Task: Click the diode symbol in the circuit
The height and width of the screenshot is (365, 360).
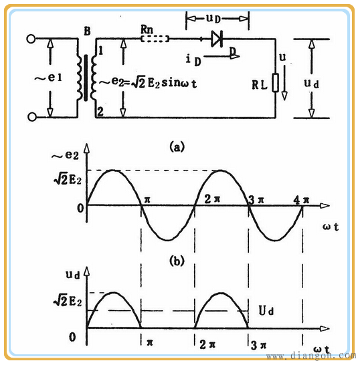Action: [x=216, y=39]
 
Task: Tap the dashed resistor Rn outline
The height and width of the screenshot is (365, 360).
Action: [x=155, y=39]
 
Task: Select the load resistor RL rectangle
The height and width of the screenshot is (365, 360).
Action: [x=276, y=83]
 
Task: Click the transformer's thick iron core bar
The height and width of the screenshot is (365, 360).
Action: [x=86, y=78]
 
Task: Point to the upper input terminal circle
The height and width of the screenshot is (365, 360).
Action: [x=31, y=39]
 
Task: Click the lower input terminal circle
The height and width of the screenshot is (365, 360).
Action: [x=32, y=117]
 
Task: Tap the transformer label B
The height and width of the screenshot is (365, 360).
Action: [x=87, y=31]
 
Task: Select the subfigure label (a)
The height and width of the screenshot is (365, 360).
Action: [x=177, y=146]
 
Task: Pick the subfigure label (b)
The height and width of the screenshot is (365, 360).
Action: [x=177, y=261]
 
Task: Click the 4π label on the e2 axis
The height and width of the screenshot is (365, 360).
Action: [x=301, y=200]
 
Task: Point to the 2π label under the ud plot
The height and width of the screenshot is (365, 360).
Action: [x=207, y=344]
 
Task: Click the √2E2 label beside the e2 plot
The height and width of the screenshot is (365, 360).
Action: [x=68, y=178]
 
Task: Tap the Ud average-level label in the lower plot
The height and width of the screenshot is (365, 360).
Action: [x=266, y=310]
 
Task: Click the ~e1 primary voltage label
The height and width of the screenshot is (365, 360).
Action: [x=48, y=78]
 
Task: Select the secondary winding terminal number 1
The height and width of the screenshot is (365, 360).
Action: [x=100, y=51]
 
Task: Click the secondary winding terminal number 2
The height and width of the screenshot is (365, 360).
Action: [x=100, y=112]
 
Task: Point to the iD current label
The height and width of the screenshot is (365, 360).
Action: [x=193, y=59]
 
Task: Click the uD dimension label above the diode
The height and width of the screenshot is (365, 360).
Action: [x=213, y=19]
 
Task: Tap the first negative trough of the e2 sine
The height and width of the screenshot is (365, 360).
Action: [x=168, y=240]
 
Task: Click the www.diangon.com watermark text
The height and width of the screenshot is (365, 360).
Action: [x=311, y=356]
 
